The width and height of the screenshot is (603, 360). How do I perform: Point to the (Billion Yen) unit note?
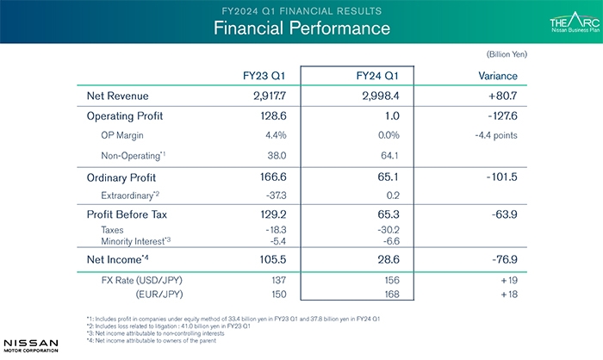(507, 54)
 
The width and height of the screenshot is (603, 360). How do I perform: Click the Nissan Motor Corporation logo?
(30, 344)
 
